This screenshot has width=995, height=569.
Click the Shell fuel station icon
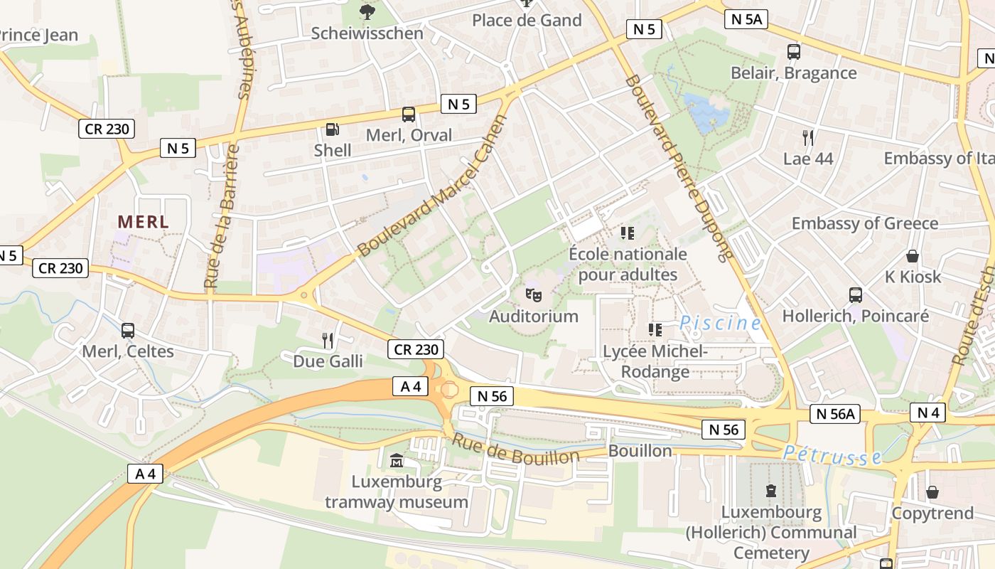pos(332,129)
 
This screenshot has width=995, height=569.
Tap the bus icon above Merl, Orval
pos(409,114)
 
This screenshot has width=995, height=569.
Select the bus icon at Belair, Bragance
pos(794,52)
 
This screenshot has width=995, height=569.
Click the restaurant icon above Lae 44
pos(808,137)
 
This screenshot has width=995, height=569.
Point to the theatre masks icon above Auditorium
pos(534,294)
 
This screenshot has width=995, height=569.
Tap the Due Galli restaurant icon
pos(328,340)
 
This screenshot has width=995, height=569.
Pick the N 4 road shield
pos(928,412)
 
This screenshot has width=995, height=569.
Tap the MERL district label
pos(144,222)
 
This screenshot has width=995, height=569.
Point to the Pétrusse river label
pos(832,455)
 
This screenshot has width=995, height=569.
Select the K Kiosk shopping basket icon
pos(913,256)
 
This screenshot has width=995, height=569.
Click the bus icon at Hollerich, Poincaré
pos(856,294)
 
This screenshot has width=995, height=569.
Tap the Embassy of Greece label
pos(865,223)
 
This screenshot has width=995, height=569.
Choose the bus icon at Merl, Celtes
pos(128,331)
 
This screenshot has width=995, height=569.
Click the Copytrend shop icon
pos(932,492)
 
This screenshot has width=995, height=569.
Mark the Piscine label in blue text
pos(720,323)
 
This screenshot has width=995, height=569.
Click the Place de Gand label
pos(527,20)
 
